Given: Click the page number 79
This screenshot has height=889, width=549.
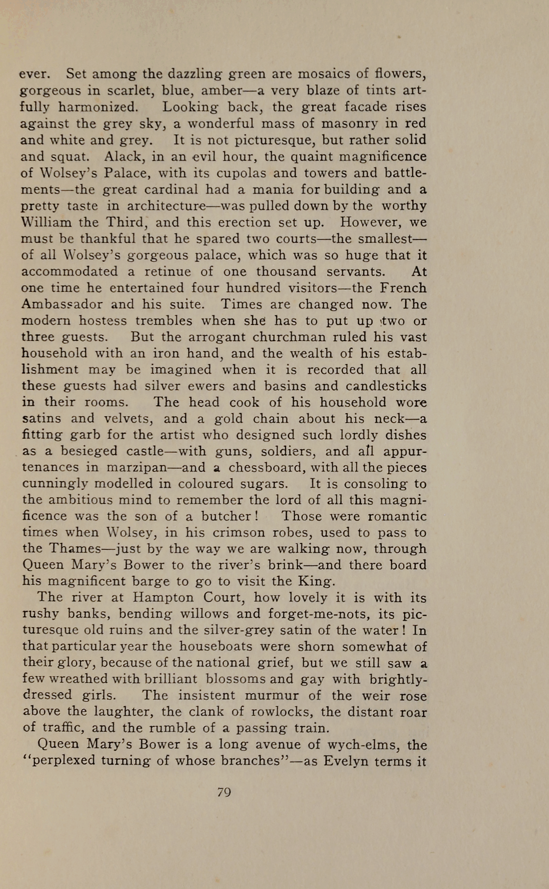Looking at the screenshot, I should pos(224,792).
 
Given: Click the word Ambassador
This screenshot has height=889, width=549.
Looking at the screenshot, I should pos(62,304).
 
